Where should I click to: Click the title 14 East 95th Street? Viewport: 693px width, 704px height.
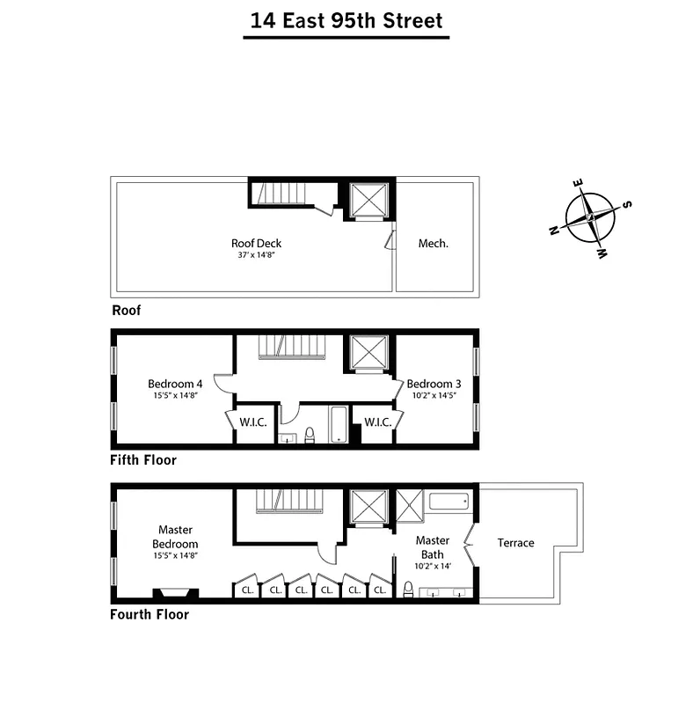[346, 21]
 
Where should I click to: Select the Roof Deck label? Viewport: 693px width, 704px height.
[256, 244]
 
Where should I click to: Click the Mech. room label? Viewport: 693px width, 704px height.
[433, 244]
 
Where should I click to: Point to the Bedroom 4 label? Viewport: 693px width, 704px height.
[175, 384]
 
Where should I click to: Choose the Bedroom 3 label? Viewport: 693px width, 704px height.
[434, 384]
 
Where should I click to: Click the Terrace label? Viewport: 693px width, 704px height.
[515, 543]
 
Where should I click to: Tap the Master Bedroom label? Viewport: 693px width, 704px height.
[175, 537]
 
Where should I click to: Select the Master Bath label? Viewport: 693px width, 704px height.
[433, 546]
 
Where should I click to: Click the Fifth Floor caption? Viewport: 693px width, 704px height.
[143, 460]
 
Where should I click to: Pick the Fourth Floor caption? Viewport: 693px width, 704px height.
[150, 615]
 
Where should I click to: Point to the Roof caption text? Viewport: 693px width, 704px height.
[126, 311]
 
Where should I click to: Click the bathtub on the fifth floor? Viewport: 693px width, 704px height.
[338, 424]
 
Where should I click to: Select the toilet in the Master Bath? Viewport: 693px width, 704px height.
[408, 590]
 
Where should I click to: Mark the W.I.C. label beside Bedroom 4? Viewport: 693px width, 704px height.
[252, 422]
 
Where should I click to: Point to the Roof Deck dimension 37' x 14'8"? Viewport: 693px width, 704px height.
[256, 255]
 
